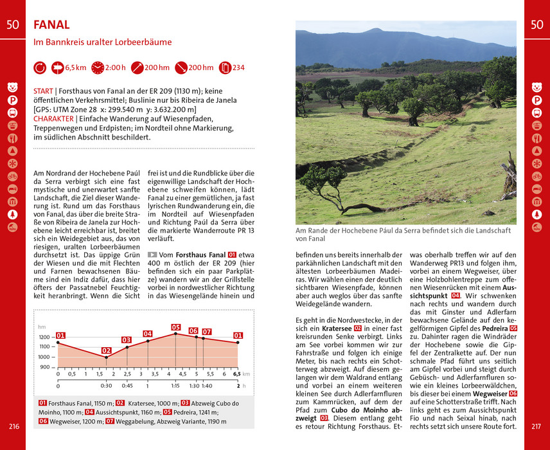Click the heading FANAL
coord(51,25)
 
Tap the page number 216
coord(13,426)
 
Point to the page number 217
coord(537,426)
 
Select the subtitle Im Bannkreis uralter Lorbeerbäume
coord(103,42)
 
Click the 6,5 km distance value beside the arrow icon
coord(76,67)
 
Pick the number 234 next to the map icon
coord(238,67)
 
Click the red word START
coord(43,91)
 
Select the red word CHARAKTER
coord(53,119)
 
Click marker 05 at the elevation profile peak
coord(176,327)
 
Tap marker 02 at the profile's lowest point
coord(107,350)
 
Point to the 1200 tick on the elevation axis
coord(44,337)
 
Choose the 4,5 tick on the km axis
coord(183,373)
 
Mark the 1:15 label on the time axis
coord(175,386)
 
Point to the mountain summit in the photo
coord(378,30)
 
